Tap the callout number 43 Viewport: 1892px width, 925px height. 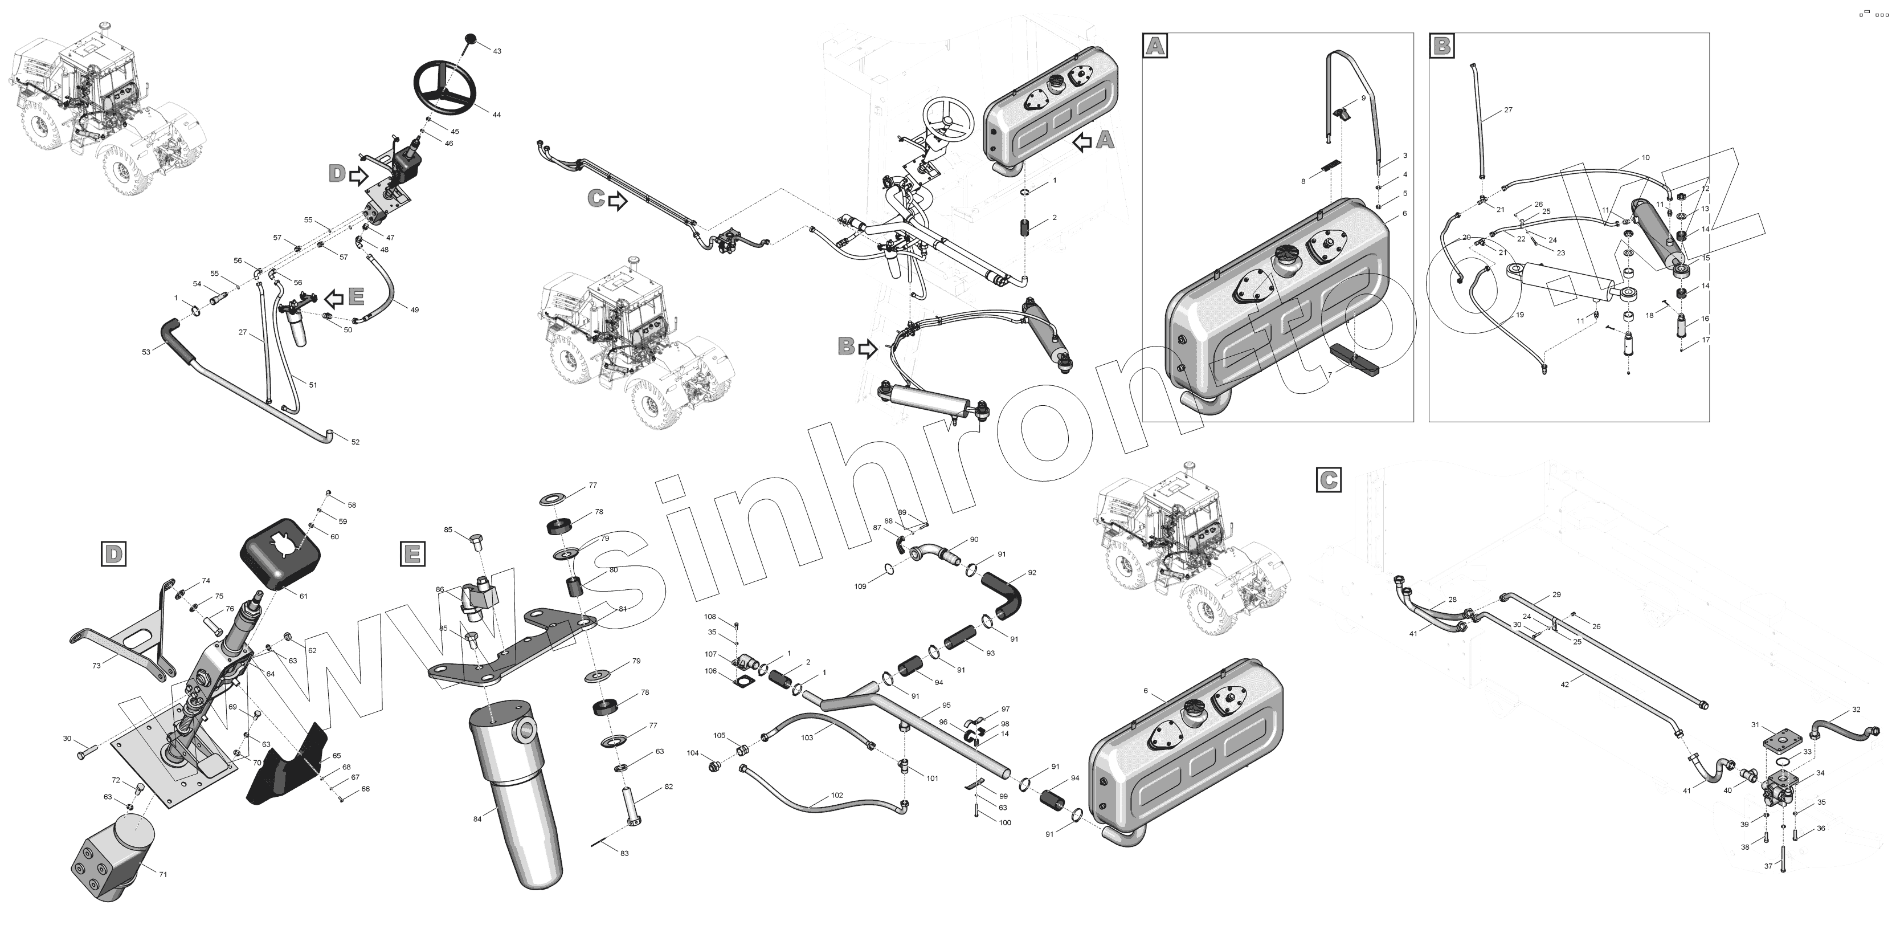click(497, 51)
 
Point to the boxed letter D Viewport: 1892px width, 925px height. click(113, 553)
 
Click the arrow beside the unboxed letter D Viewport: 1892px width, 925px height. click(358, 176)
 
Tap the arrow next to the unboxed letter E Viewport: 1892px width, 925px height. click(334, 298)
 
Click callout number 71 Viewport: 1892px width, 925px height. click(163, 874)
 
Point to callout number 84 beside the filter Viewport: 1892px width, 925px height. click(477, 818)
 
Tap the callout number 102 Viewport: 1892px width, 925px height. click(837, 795)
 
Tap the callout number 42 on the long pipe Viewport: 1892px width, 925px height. click(1564, 684)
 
